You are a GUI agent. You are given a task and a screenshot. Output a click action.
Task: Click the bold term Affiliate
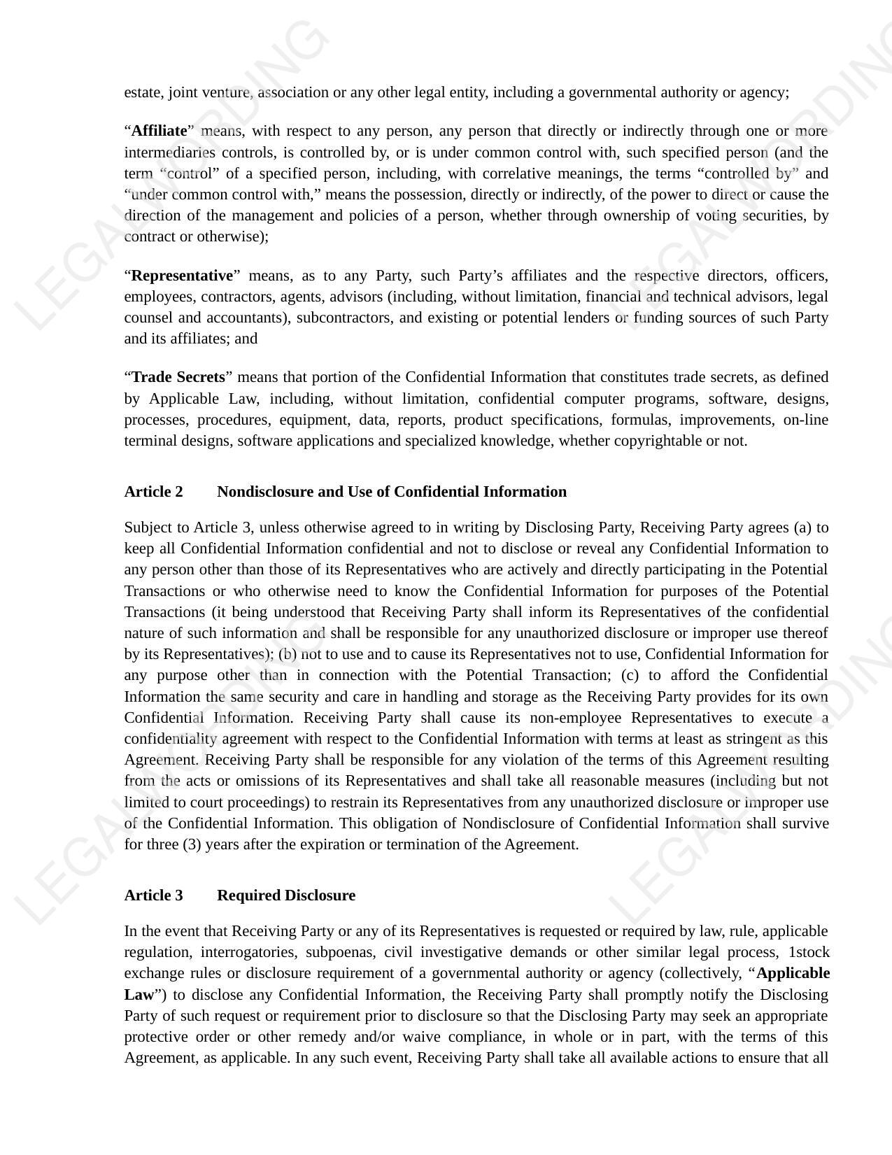159,131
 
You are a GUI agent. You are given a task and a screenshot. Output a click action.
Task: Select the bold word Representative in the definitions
182,275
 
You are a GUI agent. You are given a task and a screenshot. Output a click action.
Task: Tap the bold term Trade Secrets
178,377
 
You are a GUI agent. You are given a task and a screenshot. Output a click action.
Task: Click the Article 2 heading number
153,492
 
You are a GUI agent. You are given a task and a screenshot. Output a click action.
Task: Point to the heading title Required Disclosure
286,895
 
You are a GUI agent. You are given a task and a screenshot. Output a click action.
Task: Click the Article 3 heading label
153,895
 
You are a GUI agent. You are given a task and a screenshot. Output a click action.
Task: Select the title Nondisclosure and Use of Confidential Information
392,492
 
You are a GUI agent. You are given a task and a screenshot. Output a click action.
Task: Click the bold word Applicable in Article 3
793,973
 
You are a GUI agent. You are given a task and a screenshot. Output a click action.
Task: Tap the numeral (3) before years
192,844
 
